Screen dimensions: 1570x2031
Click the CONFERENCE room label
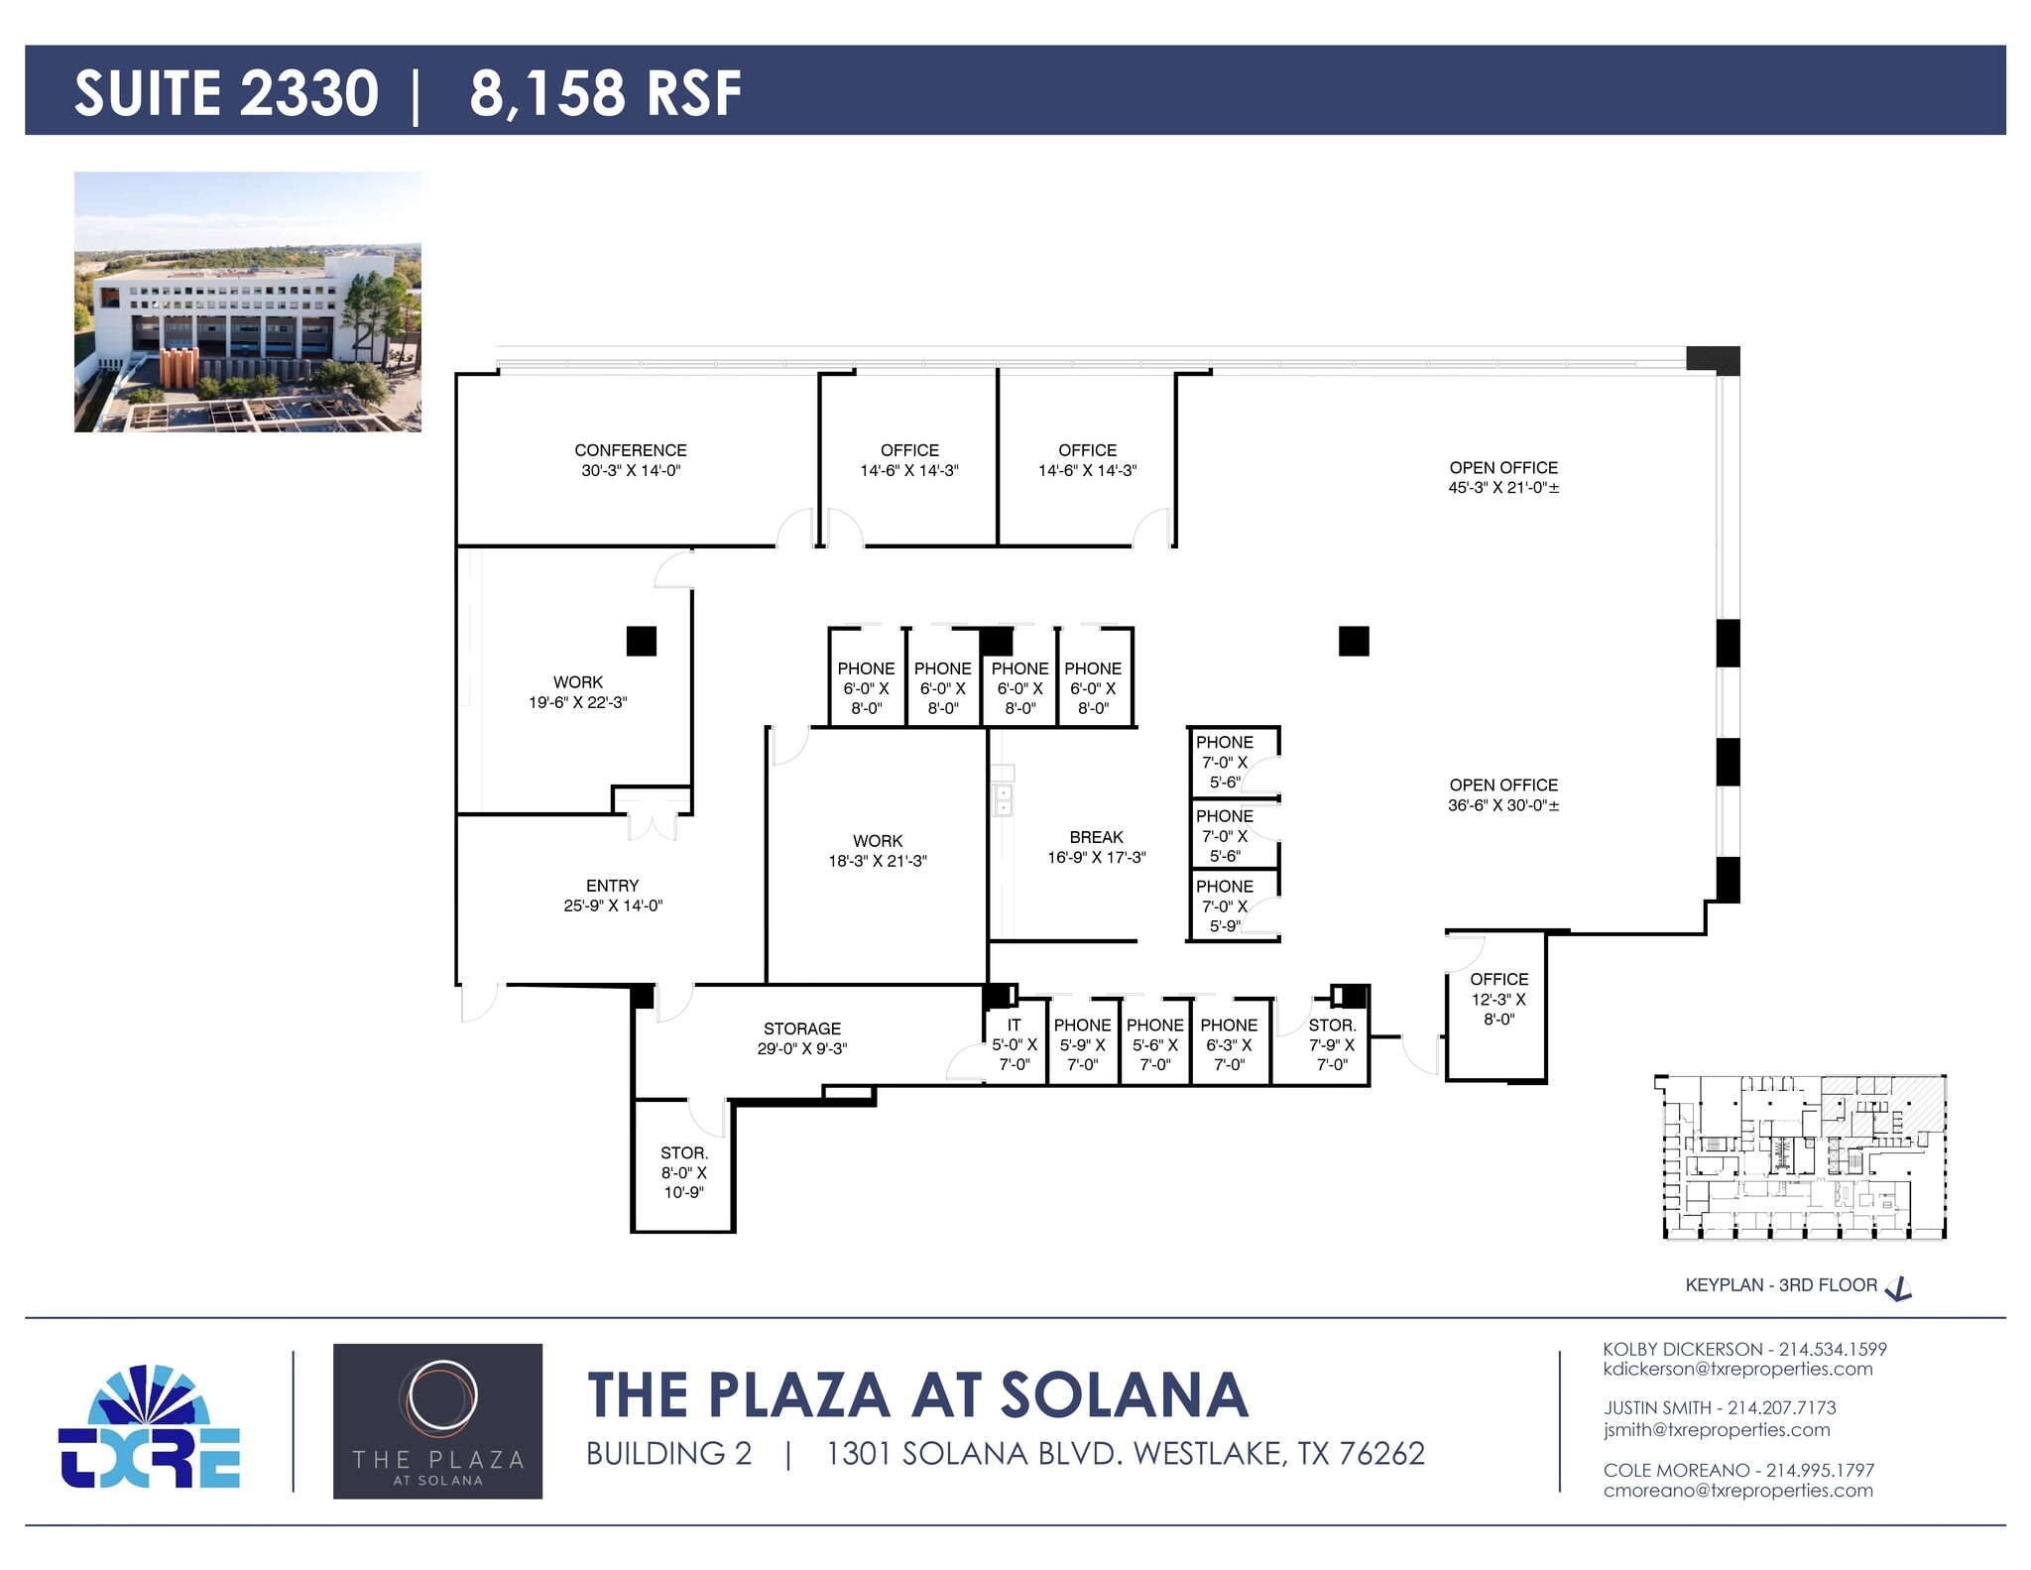click(631, 450)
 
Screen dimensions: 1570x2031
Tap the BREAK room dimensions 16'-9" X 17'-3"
click(1096, 858)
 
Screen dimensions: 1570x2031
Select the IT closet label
click(1014, 1026)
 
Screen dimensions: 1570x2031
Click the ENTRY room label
click(612, 886)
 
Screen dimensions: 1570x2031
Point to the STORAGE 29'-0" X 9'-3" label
click(801, 1038)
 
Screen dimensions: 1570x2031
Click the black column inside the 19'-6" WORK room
click(642, 642)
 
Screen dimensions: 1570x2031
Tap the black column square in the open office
click(1354, 642)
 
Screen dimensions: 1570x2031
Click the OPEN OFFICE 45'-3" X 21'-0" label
click(1502, 477)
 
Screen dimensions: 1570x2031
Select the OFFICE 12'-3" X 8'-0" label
click(1498, 999)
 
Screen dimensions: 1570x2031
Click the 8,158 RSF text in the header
click(605, 93)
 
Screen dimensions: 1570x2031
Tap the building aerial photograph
click(248, 302)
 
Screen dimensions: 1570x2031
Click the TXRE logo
click(150, 1427)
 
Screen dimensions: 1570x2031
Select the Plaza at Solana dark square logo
click(437, 1420)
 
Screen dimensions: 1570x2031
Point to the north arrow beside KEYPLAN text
click(1898, 1288)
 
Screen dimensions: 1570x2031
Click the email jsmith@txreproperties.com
click(1716, 1430)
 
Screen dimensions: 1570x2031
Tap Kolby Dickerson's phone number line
click(1744, 1349)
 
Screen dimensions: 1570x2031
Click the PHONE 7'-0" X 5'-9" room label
click(1225, 906)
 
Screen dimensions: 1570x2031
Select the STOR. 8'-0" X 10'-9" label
click(683, 1172)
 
